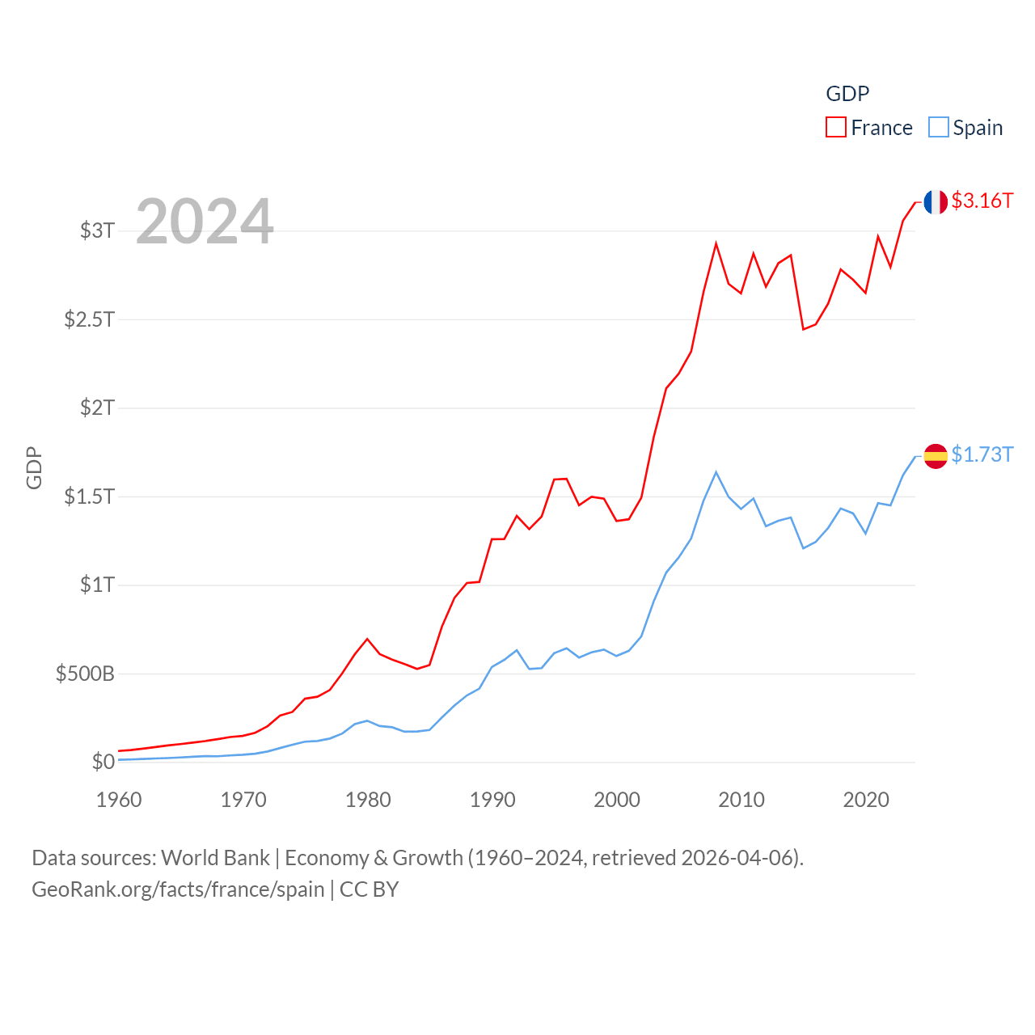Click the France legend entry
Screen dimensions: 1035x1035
click(x=869, y=128)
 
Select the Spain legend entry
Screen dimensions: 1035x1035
click(x=966, y=128)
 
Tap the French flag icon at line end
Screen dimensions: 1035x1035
click(x=936, y=202)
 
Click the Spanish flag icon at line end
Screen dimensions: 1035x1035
click(x=936, y=456)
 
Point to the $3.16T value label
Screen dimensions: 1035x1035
click(x=982, y=201)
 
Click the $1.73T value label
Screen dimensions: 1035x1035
click(x=982, y=454)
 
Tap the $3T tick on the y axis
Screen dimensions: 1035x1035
click(x=97, y=230)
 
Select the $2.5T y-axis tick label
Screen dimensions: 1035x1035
click(x=89, y=319)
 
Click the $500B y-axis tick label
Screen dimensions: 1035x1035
click(x=85, y=674)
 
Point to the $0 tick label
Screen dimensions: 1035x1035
click(x=103, y=762)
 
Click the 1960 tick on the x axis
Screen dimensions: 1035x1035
click(x=119, y=800)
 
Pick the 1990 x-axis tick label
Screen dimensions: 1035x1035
click(x=492, y=800)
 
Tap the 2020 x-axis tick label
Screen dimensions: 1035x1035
click(x=866, y=800)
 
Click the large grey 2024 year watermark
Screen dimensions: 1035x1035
click(x=205, y=222)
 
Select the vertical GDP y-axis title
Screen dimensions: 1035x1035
click(x=34, y=467)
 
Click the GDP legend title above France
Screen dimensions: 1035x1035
click(x=847, y=94)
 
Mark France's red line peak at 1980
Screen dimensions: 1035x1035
click(x=367, y=639)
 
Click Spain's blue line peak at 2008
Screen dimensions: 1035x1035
click(x=716, y=472)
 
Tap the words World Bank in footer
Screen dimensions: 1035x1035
click(x=215, y=858)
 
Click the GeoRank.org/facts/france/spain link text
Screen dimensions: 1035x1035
click(x=178, y=889)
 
